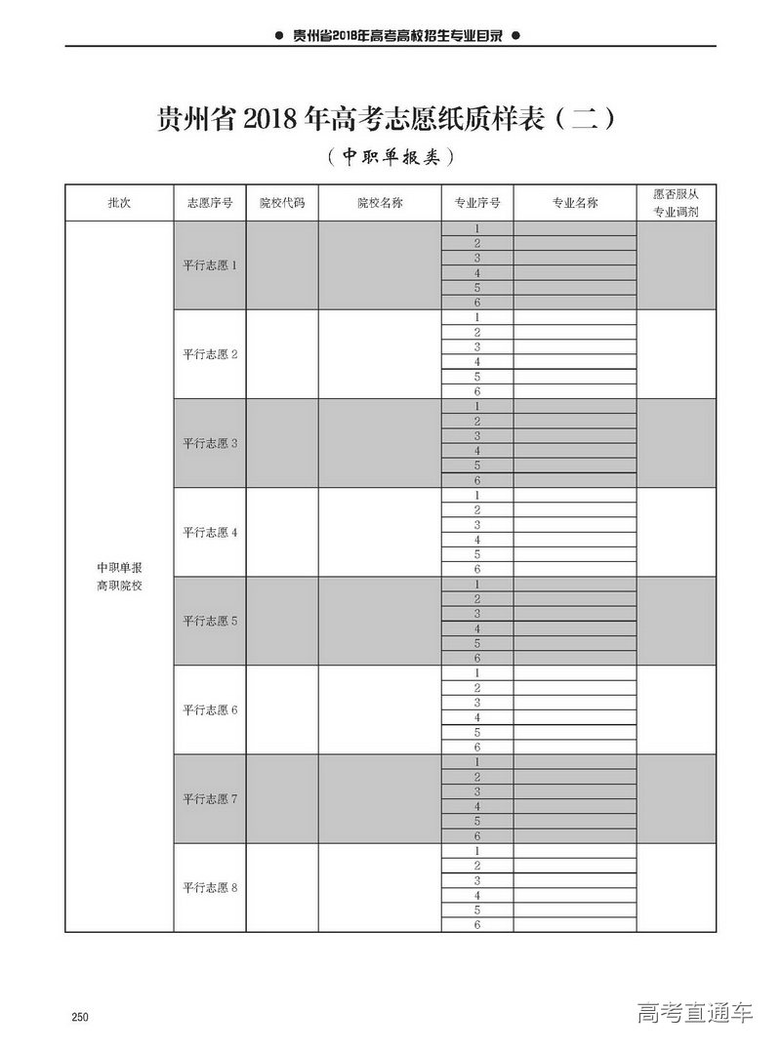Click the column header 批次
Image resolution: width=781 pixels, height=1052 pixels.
tap(119, 203)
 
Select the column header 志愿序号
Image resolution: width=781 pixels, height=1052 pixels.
tap(209, 203)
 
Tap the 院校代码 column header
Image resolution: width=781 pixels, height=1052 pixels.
tap(282, 203)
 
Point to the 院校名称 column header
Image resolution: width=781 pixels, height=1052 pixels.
tap(380, 203)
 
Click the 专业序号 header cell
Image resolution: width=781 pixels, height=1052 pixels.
tap(477, 203)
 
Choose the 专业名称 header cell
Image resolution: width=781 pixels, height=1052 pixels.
tap(575, 203)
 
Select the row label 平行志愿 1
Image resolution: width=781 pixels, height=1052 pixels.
tap(209, 265)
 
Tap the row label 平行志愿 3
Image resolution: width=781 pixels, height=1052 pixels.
tap(209, 443)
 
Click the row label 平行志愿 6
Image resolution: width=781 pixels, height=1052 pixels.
tap(209, 709)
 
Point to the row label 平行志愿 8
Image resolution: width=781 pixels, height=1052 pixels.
tap(209, 887)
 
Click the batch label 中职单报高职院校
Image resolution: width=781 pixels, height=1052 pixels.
tap(119, 576)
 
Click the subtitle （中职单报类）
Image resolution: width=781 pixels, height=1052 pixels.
tap(390, 156)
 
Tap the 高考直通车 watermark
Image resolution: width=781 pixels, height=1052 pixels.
tap(695, 1012)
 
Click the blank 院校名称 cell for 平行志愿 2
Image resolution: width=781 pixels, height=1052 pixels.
tap(380, 354)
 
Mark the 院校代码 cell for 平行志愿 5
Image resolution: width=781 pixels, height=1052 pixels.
tap(282, 621)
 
